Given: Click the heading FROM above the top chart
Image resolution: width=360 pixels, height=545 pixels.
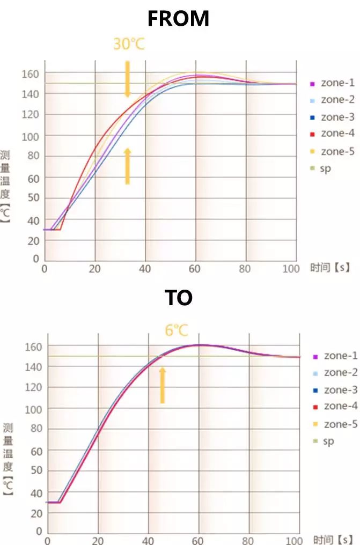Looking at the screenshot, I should [178, 19].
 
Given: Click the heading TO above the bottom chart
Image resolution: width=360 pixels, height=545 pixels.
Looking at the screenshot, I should [178, 298].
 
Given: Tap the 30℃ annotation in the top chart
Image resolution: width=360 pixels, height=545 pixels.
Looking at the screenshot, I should [129, 44].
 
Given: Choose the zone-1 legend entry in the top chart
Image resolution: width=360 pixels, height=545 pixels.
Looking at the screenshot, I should [333, 83].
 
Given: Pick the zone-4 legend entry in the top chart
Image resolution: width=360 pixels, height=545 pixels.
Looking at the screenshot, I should [333, 133].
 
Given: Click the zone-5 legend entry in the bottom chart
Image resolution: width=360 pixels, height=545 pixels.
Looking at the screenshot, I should [335, 424].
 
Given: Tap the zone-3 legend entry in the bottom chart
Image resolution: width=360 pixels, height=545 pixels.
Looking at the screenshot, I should [335, 390].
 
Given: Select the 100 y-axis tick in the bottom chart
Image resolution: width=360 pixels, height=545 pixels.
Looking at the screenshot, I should [33, 408].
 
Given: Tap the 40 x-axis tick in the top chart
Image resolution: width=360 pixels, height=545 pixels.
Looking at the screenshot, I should [145, 268].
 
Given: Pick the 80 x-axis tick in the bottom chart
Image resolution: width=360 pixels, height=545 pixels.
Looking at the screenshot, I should [248, 540].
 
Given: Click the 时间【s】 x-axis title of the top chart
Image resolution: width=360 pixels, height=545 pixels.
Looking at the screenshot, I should [330, 268].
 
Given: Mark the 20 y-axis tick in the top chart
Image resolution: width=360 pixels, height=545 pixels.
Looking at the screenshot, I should [33, 241].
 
